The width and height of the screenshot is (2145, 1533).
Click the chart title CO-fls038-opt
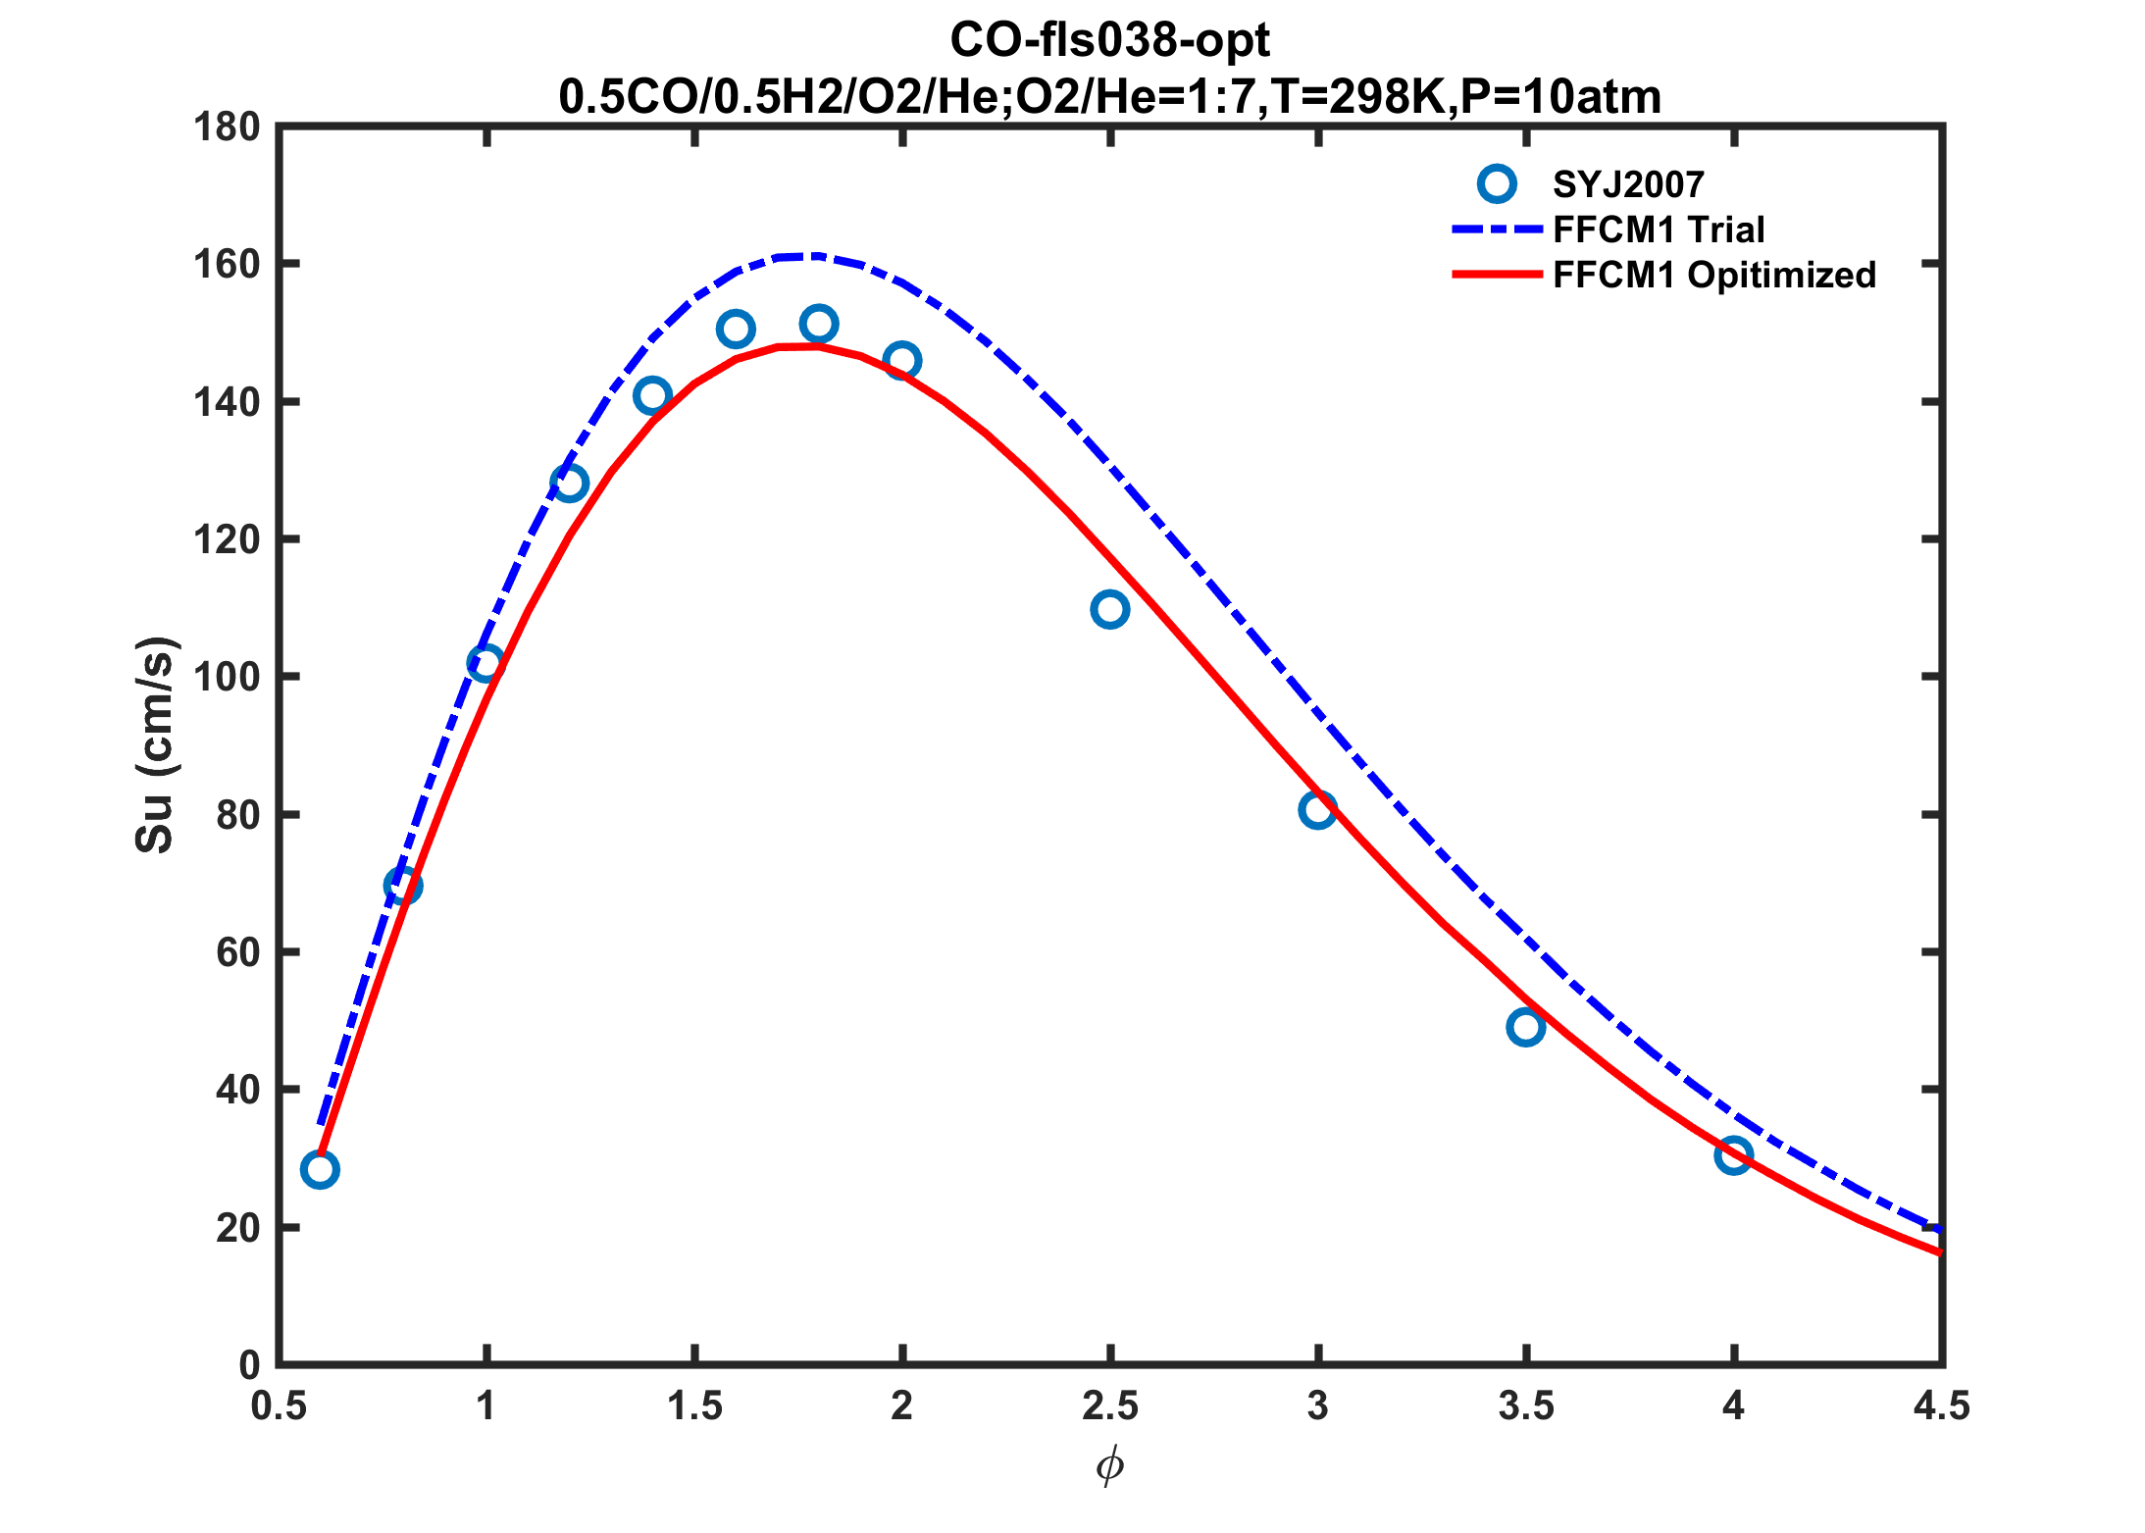(1109, 40)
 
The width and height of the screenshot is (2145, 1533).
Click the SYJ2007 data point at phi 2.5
(1109, 609)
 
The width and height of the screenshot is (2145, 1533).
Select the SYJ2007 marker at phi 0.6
(320, 1169)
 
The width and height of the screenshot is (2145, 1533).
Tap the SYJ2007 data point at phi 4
(1733, 1155)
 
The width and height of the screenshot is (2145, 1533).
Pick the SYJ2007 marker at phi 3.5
(1525, 1027)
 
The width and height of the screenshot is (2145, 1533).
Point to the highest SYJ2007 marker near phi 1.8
(818, 324)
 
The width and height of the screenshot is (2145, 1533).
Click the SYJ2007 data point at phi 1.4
(652, 396)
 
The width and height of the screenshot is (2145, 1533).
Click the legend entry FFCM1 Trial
(1659, 230)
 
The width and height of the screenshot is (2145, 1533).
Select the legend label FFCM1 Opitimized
(1714, 275)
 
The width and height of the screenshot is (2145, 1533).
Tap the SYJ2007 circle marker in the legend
(1497, 183)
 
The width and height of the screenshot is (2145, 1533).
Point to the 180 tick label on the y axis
(227, 128)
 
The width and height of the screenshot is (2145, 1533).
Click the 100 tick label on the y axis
(227, 678)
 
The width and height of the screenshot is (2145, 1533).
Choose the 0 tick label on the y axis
(249, 1365)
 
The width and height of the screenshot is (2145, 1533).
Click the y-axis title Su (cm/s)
(155, 745)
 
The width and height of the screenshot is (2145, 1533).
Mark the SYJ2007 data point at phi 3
(1317, 810)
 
